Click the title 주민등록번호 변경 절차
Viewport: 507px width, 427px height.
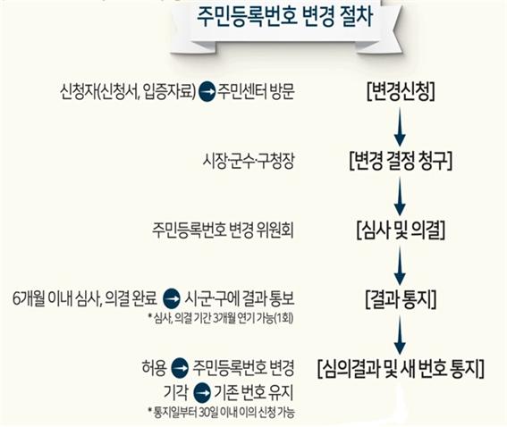pyautogui.click(x=285, y=17)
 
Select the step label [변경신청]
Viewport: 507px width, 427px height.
pyautogui.click(x=401, y=92)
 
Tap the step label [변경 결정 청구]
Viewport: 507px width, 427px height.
pyautogui.click(x=401, y=160)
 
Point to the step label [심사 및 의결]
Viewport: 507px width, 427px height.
pyautogui.click(x=401, y=230)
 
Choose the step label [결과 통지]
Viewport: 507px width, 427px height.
pyautogui.click(x=401, y=299)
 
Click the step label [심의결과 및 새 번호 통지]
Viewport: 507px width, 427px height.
pyautogui.click(x=401, y=369)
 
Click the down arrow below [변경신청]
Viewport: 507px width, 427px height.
pyautogui.click(x=400, y=127)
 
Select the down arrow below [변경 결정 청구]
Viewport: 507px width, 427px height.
pyautogui.click(x=400, y=196)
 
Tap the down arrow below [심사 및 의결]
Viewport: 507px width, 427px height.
pyautogui.click(x=400, y=265)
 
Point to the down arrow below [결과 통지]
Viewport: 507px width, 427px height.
pyautogui.click(x=400, y=335)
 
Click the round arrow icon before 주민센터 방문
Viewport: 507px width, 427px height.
pyautogui.click(x=207, y=92)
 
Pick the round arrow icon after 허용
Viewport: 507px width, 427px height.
pyautogui.click(x=180, y=369)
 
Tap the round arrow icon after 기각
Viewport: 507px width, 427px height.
pyautogui.click(x=201, y=393)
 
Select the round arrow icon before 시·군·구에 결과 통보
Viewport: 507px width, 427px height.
pyautogui.click(x=172, y=298)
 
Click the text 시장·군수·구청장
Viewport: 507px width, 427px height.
pyautogui.click(x=249, y=161)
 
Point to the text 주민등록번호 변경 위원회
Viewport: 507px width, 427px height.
pyautogui.click(x=224, y=230)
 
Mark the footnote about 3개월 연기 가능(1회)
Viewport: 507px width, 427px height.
pyautogui.click(x=221, y=319)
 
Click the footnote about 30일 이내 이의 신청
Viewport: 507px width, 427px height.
pyautogui.click(x=222, y=413)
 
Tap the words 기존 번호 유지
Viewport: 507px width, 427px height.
pyautogui.click(x=254, y=393)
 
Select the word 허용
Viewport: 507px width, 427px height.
pyautogui.click(x=154, y=368)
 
